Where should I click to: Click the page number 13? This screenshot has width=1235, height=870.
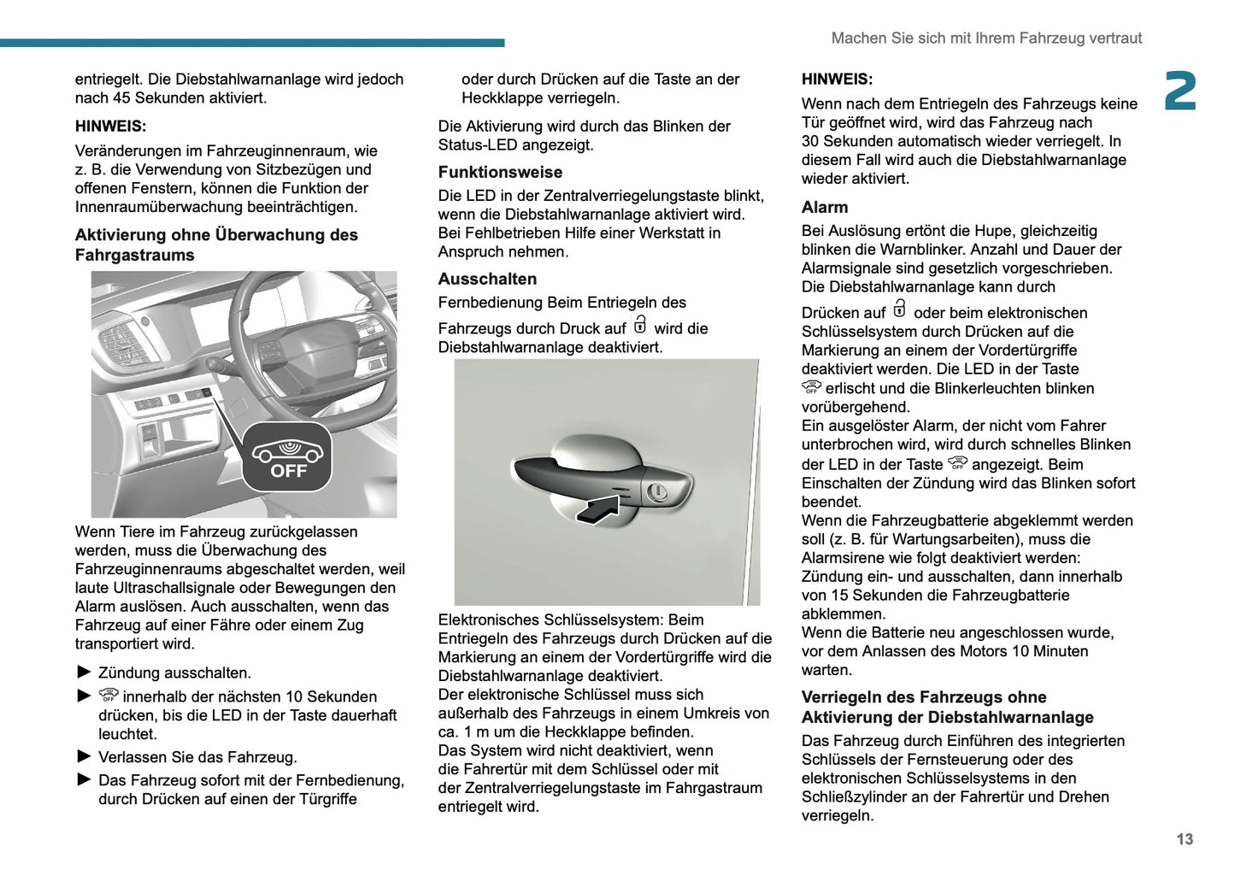click(1184, 839)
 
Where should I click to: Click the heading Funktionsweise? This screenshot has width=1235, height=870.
click(500, 172)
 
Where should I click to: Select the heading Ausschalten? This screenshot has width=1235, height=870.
click(487, 279)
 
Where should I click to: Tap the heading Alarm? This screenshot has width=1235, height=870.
click(825, 207)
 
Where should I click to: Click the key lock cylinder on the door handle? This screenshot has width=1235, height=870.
click(657, 492)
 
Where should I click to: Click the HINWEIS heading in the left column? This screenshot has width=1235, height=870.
click(110, 126)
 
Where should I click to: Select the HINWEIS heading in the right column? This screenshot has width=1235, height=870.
click(837, 79)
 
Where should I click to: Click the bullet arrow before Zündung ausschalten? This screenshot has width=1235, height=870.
click(84, 672)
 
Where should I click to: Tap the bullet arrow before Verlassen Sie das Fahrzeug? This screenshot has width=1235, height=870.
click(84, 756)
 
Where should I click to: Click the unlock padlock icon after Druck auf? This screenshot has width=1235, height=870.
click(640, 325)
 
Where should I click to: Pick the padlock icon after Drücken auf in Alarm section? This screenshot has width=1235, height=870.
click(899, 309)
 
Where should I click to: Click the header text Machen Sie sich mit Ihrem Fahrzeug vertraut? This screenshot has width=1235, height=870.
click(986, 38)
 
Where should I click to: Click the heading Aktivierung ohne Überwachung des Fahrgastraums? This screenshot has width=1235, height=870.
click(216, 244)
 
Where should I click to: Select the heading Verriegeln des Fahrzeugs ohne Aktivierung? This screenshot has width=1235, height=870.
click(947, 707)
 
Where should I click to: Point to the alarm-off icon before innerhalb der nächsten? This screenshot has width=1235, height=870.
click(109, 695)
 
